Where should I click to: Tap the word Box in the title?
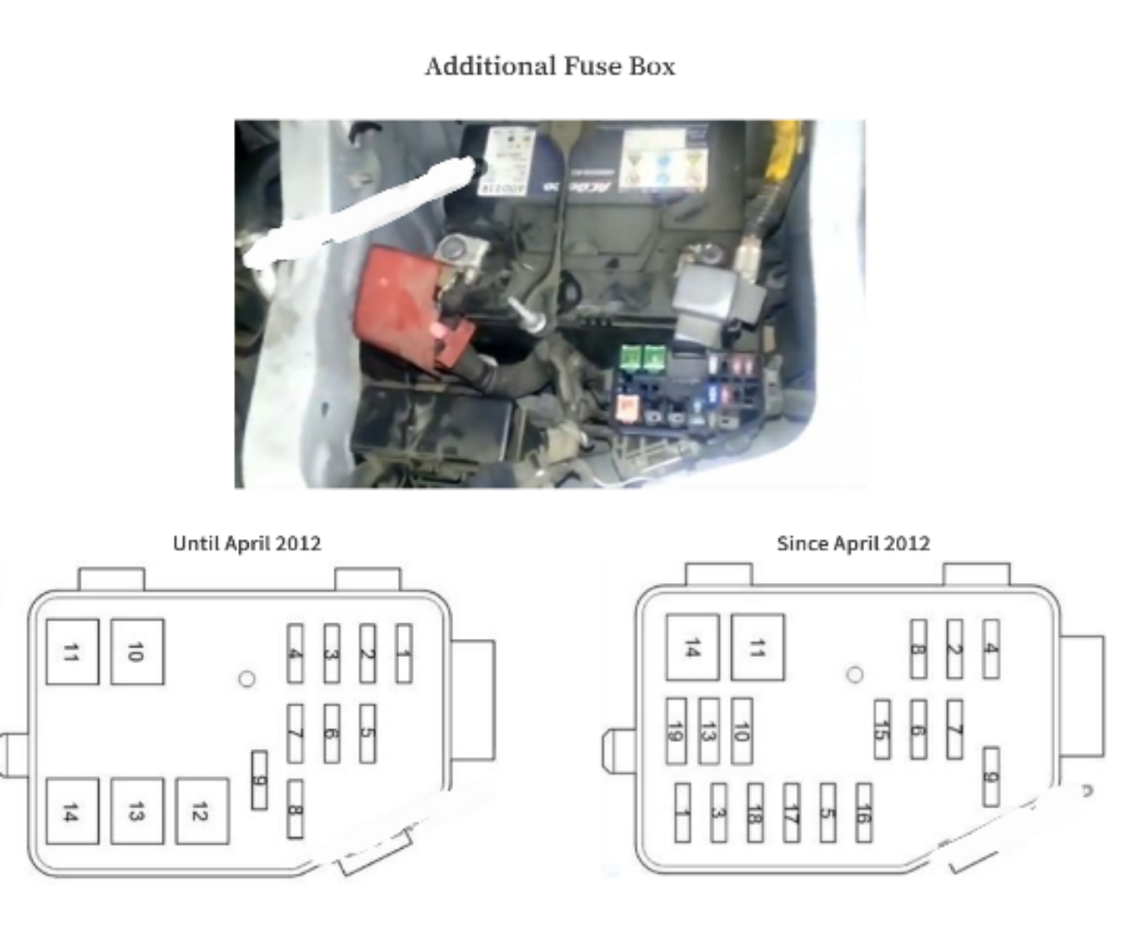(x=653, y=66)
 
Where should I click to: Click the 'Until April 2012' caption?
(x=247, y=543)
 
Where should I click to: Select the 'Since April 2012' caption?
(x=853, y=543)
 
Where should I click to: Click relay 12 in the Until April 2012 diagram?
(x=202, y=811)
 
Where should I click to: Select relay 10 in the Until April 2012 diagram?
(x=138, y=652)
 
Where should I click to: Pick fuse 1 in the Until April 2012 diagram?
(x=403, y=653)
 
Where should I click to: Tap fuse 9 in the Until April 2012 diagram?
(x=259, y=779)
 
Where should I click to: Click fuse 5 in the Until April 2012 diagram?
(x=367, y=733)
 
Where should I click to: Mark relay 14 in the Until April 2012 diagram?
(x=72, y=811)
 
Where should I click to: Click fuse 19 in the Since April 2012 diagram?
(x=677, y=731)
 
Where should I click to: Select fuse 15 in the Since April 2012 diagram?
(x=881, y=729)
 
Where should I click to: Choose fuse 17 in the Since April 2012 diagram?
(x=791, y=812)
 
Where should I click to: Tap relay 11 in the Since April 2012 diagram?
(x=758, y=647)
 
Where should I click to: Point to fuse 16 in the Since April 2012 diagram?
(x=863, y=812)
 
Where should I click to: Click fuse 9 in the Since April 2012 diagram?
(x=991, y=776)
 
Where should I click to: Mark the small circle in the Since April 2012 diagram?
(x=855, y=675)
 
